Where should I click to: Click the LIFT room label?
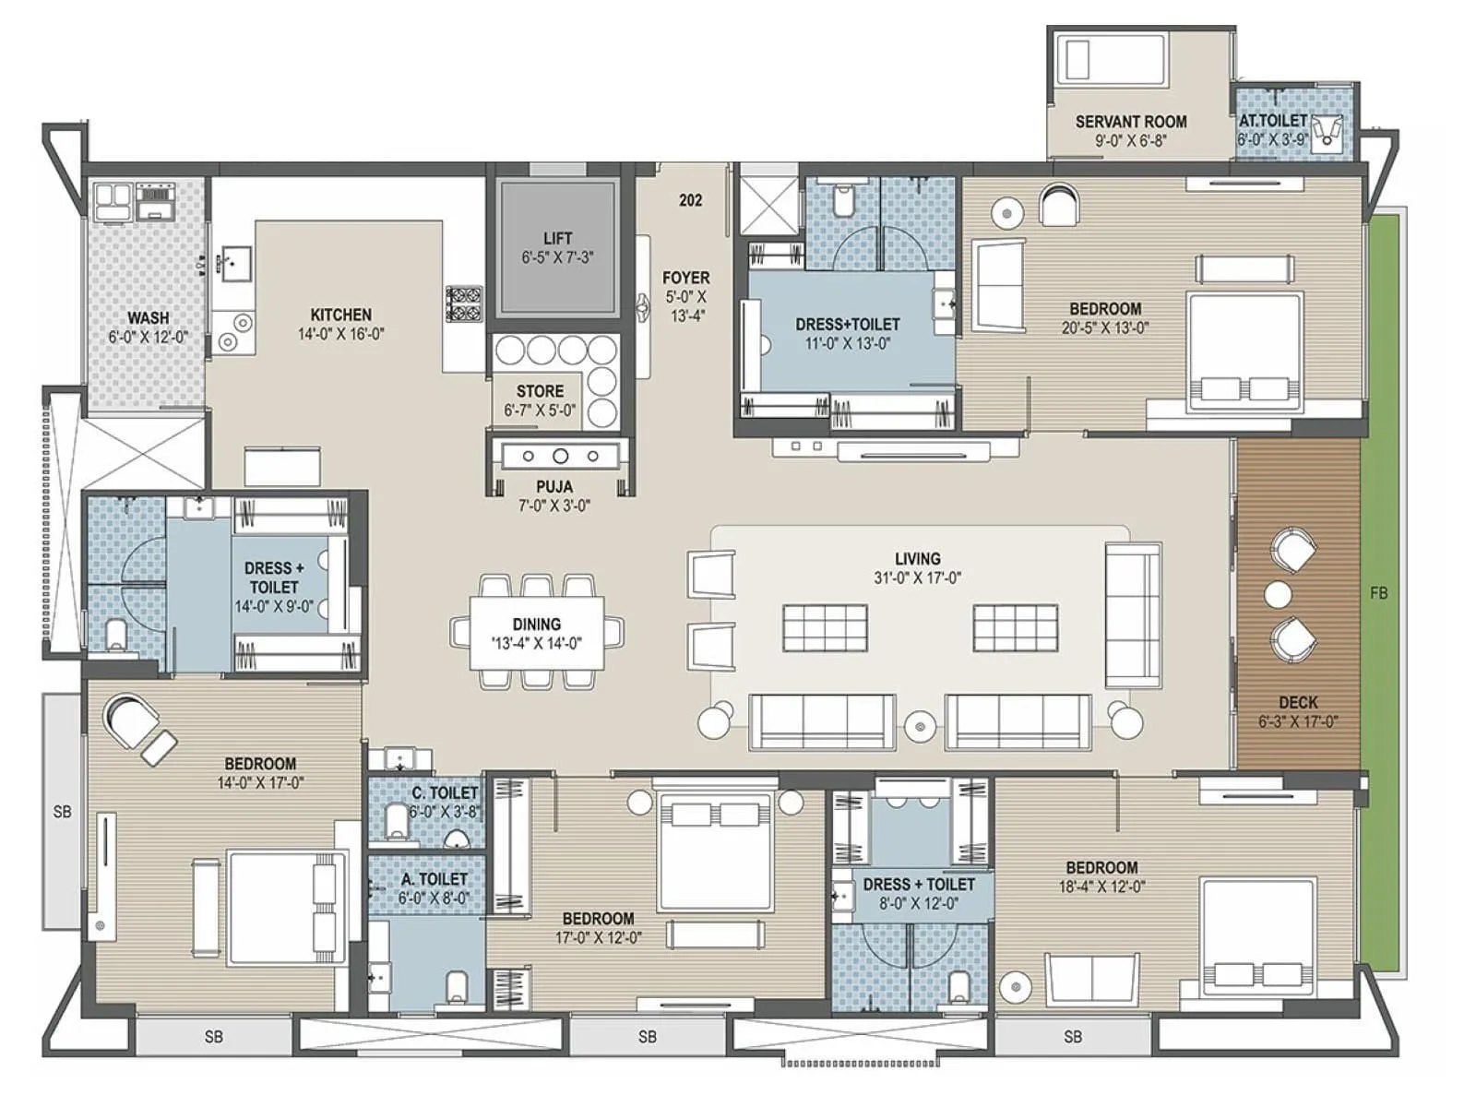pyautogui.click(x=557, y=238)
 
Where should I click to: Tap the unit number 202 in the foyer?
pyautogui.click(x=690, y=200)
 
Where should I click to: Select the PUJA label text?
pyautogui.click(x=554, y=486)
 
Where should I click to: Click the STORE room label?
pyautogui.click(x=540, y=391)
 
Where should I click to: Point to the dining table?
pyautogui.click(x=537, y=633)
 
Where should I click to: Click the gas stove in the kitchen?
pyautogui.click(x=463, y=304)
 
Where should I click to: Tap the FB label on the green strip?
pyautogui.click(x=1378, y=594)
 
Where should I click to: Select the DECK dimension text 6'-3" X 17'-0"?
pyautogui.click(x=1298, y=721)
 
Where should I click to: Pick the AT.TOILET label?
pyautogui.click(x=1272, y=121)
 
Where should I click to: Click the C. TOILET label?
pyautogui.click(x=445, y=793)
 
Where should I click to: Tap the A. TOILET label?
pyautogui.click(x=434, y=879)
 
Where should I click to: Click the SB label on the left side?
pyautogui.click(x=62, y=812)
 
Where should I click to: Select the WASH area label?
pyautogui.click(x=148, y=318)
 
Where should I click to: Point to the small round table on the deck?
pyautogui.click(x=1278, y=595)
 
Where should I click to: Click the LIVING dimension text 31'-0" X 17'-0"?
pyautogui.click(x=917, y=578)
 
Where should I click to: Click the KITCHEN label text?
pyautogui.click(x=340, y=315)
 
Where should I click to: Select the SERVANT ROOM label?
pyautogui.click(x=1131, y=122)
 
